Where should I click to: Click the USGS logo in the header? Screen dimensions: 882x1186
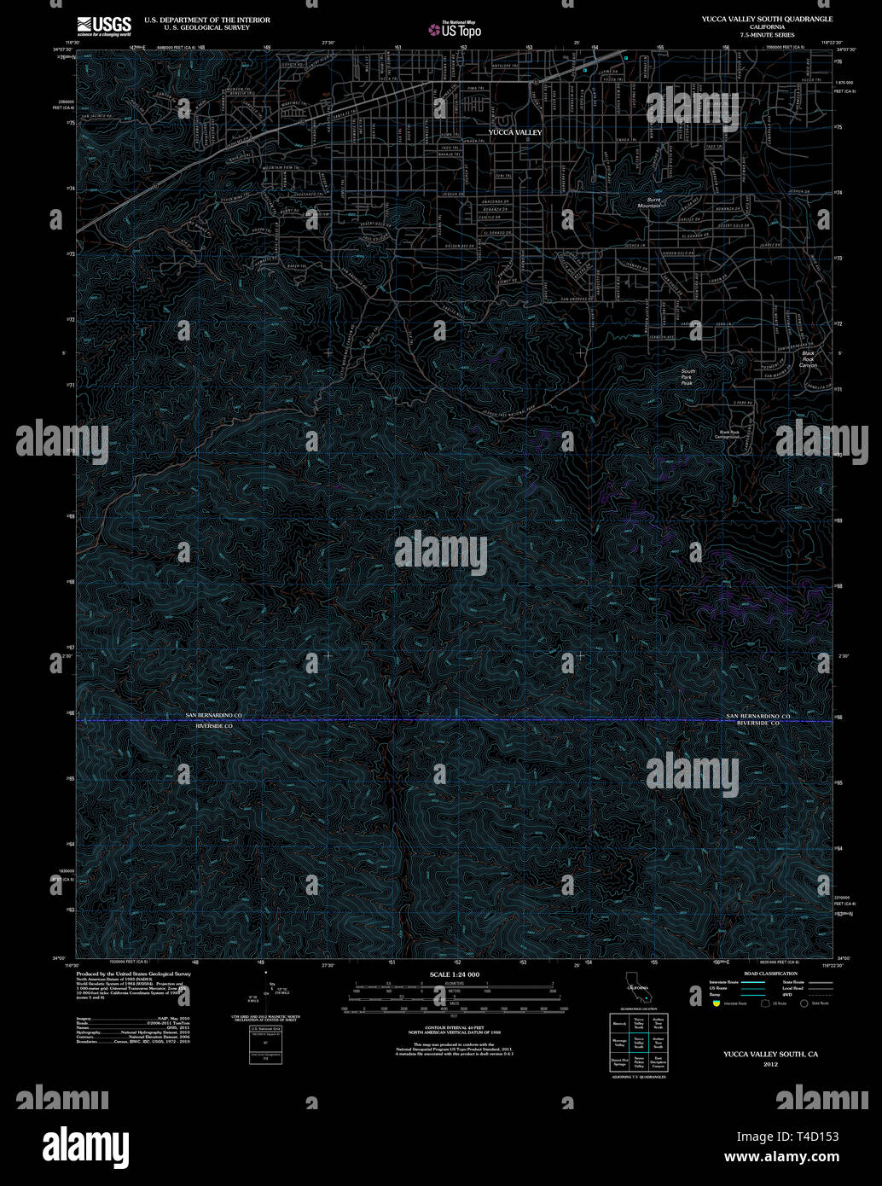click(104, 25)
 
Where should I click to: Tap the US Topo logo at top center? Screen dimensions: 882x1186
click(456, 30)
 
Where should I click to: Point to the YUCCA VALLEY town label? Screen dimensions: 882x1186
click(514, 132)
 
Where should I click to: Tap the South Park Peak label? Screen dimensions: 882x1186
click(688, 376)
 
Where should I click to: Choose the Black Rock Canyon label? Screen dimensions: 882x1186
click(808, 359)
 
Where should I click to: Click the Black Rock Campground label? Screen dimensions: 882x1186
click(729, 434)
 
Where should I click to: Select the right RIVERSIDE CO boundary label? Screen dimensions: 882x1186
click(758, 724)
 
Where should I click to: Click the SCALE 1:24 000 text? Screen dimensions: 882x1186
click(454, 974)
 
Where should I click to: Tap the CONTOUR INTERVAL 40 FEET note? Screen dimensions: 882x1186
click(454, 1029)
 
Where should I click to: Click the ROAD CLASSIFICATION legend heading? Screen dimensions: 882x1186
click(770, 974)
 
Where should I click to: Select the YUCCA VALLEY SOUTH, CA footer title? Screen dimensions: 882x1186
click(770, 1055)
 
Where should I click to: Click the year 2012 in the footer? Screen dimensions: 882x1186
click(770, 1065)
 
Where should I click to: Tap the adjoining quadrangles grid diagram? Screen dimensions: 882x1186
click(639, 1044)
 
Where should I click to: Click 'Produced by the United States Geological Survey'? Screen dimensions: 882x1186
click(134, 974)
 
